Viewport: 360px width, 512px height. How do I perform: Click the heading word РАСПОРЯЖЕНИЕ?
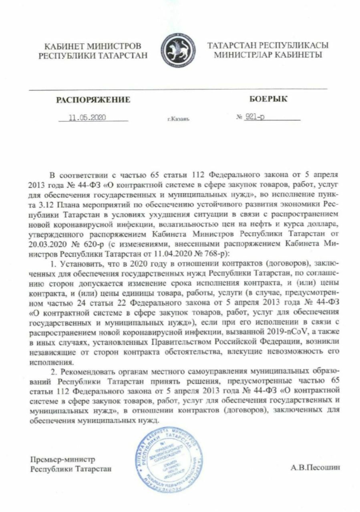click(x=93, y=100)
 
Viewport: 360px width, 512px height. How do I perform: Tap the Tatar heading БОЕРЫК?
click(x=268, y=99)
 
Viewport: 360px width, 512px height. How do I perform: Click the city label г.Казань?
click(x=179, y=119)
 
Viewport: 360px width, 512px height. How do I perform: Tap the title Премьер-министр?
click(x=63, y=459)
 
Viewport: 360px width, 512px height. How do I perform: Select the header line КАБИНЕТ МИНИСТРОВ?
click(x=93, y=47)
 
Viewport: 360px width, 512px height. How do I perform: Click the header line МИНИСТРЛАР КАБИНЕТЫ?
click(x=267, y=55)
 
